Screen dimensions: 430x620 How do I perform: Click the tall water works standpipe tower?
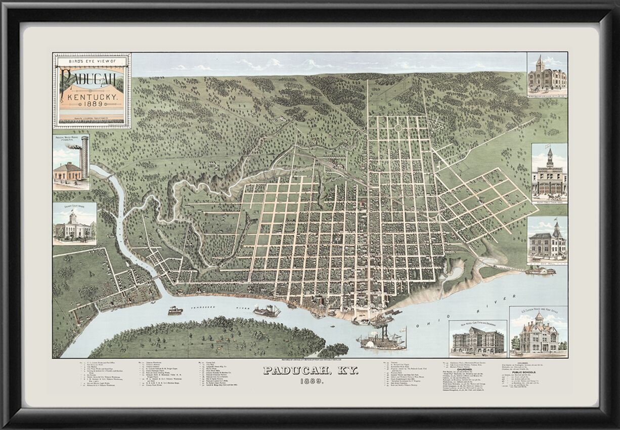point(84,156)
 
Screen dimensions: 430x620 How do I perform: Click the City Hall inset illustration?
point(547,242)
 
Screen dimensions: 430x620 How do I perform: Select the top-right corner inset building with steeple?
point(547,74)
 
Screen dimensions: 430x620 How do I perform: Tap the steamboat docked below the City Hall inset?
point(540,271)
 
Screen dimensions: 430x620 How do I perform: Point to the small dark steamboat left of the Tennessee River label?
point(175,310)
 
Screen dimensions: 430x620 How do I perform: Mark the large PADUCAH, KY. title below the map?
point(310,371)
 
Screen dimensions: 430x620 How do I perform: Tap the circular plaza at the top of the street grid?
point(400,128)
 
